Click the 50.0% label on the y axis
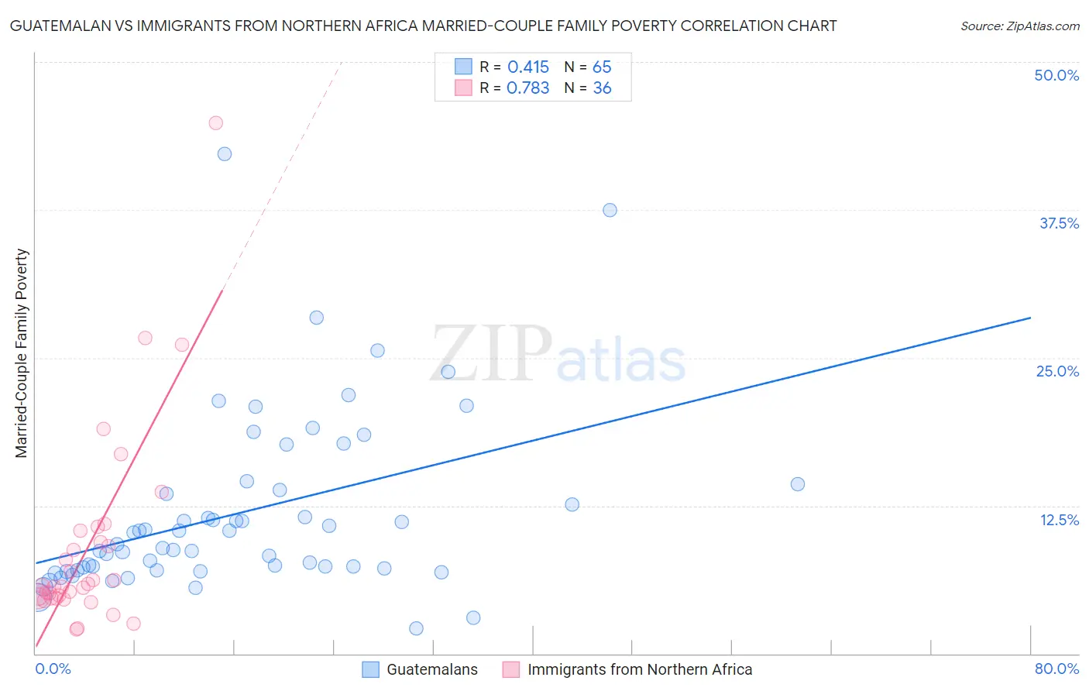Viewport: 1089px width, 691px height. [1056, 75]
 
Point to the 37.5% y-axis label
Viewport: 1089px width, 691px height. [1059, 223]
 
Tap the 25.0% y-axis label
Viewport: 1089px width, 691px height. [1057, 371]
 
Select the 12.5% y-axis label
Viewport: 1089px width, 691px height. [1059, 520]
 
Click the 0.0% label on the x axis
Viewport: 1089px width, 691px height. [53, 669]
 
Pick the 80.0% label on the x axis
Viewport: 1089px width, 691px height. [1056, 669]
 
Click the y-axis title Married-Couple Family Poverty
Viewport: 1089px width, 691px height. [22, 353]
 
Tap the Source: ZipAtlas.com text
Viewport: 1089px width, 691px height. [1019, 26]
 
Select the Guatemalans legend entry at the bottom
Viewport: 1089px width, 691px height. [431, 669]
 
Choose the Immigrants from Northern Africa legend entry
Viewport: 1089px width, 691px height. [639, 669]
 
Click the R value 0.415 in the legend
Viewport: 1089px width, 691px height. [528, 67]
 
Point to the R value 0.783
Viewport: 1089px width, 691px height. [528, 88]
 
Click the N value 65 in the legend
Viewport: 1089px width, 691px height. [602, 67]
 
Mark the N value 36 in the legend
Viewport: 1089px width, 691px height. [602, 88]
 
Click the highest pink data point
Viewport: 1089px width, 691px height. [216, 123]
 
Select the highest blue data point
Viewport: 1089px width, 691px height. [225, 154]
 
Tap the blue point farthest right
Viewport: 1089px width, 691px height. [798, 484]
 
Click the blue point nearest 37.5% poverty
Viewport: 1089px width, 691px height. [610, 210]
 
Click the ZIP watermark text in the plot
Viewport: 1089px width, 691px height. [492, 354]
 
